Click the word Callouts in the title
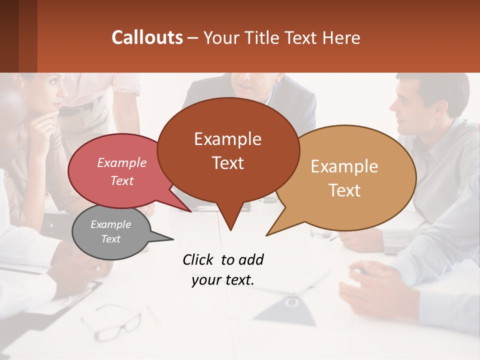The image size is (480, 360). point(147,37)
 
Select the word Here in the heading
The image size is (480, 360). point(341,37)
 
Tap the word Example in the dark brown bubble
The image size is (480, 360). point(227,139)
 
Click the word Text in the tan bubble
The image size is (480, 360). point(345,190)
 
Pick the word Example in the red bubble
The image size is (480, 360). point(121,162)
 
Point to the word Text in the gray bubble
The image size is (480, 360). point(110,239)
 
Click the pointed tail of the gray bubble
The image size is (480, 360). point(167,238)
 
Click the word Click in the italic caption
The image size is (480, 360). point(198,260)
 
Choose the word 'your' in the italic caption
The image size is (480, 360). point(205,280)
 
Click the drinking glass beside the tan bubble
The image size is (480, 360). point(320,232)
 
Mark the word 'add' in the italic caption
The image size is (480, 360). point(250,260)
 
